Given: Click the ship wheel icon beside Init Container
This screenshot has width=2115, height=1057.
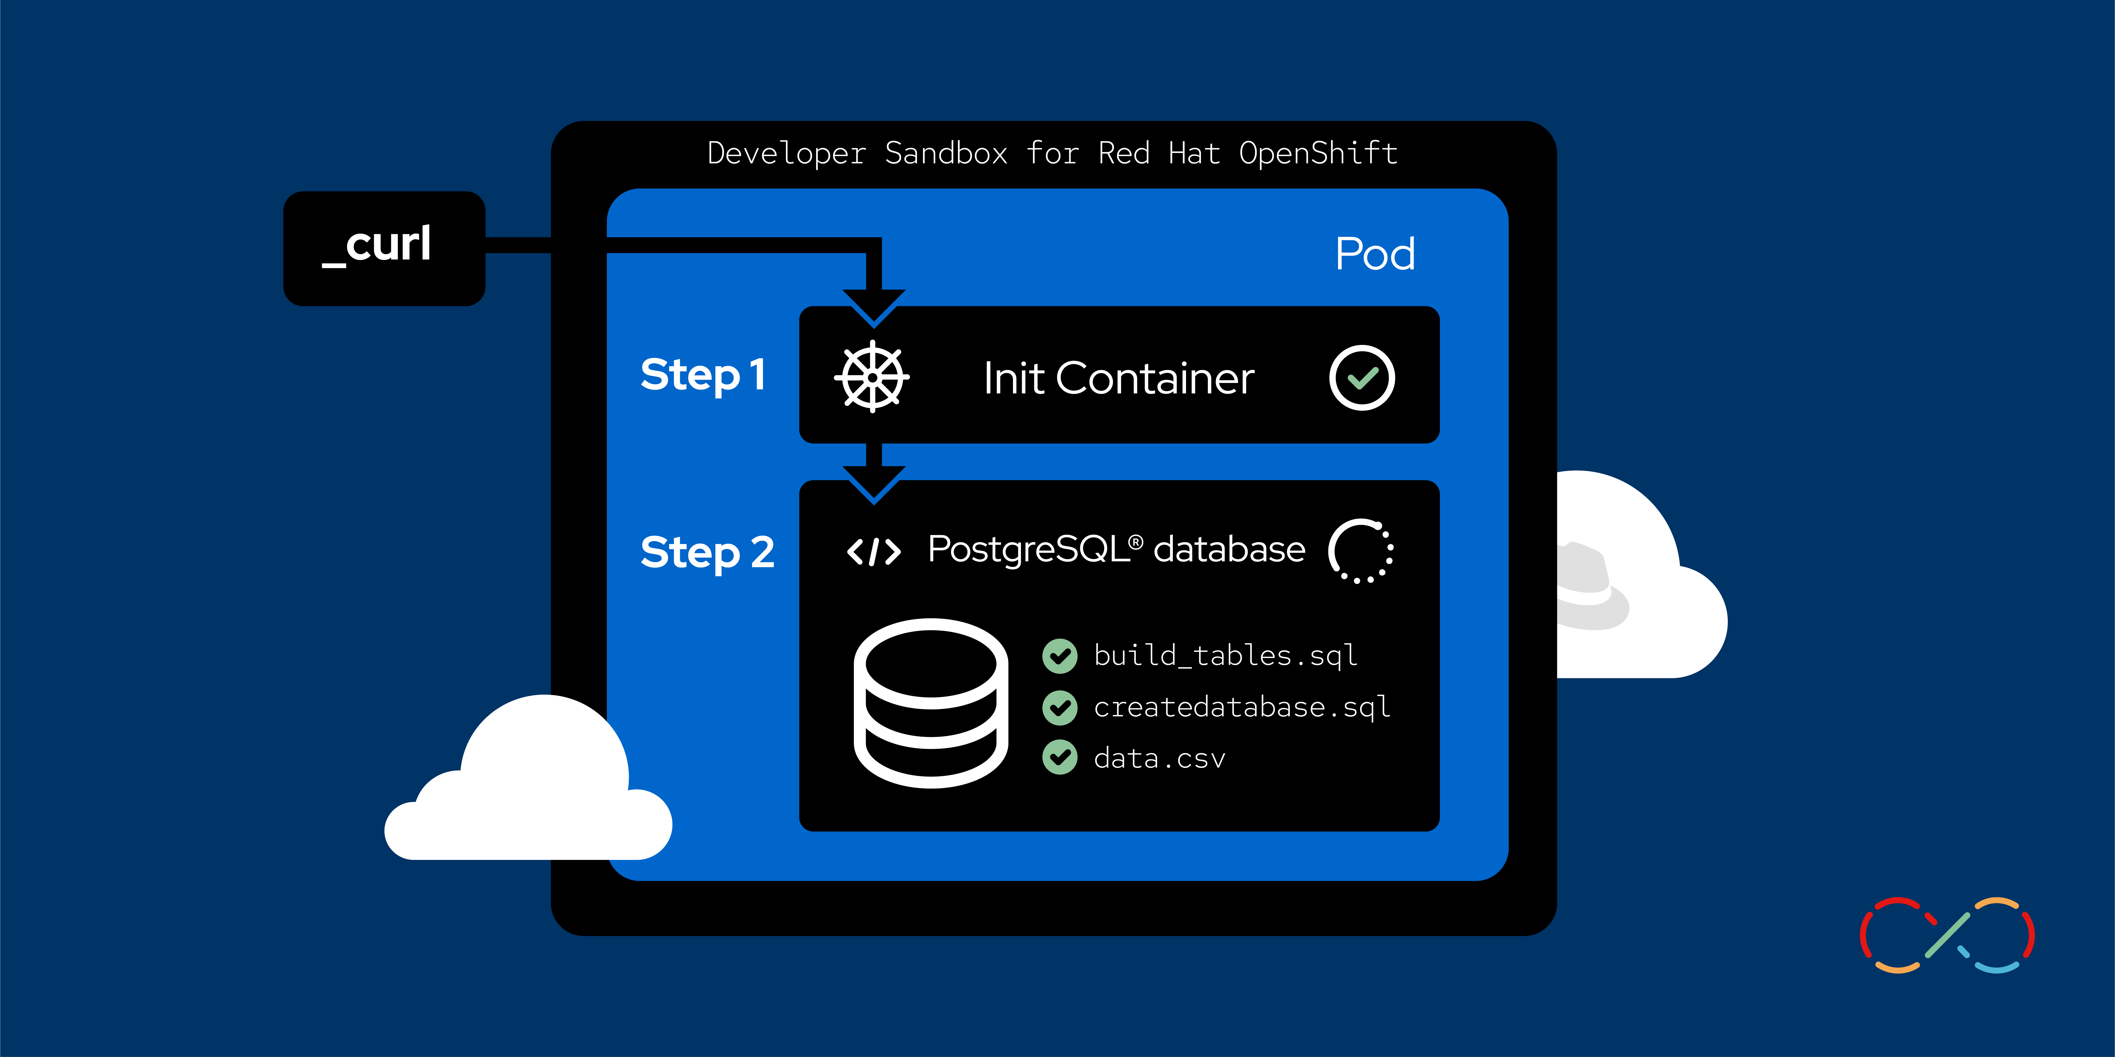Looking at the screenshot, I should pyautogui.click(x=872, y=377).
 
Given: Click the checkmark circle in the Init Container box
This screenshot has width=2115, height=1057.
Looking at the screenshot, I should pyautogui.click(x=1361, y=377).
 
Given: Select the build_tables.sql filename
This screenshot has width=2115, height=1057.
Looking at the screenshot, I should pyautogui.click(x=1225, y=656).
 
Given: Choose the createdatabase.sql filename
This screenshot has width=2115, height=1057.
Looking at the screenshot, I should pyautogui.click(x=1241, y=707).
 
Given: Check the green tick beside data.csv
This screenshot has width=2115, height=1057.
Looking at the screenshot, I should pyautogui.click(x=1060, y=757).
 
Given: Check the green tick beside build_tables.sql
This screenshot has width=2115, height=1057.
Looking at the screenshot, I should pyautogui.click(x=1060, y=656).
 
